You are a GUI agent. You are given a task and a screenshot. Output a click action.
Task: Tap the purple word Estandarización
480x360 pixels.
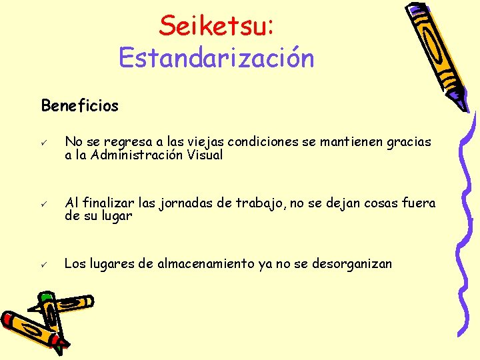coord(216,58)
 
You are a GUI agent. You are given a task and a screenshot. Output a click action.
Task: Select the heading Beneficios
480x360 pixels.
coord(79,105)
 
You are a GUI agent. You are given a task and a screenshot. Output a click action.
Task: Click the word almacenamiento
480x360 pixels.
coord(210,264)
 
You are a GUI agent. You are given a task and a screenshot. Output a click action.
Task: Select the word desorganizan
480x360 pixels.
coord(351,264)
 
